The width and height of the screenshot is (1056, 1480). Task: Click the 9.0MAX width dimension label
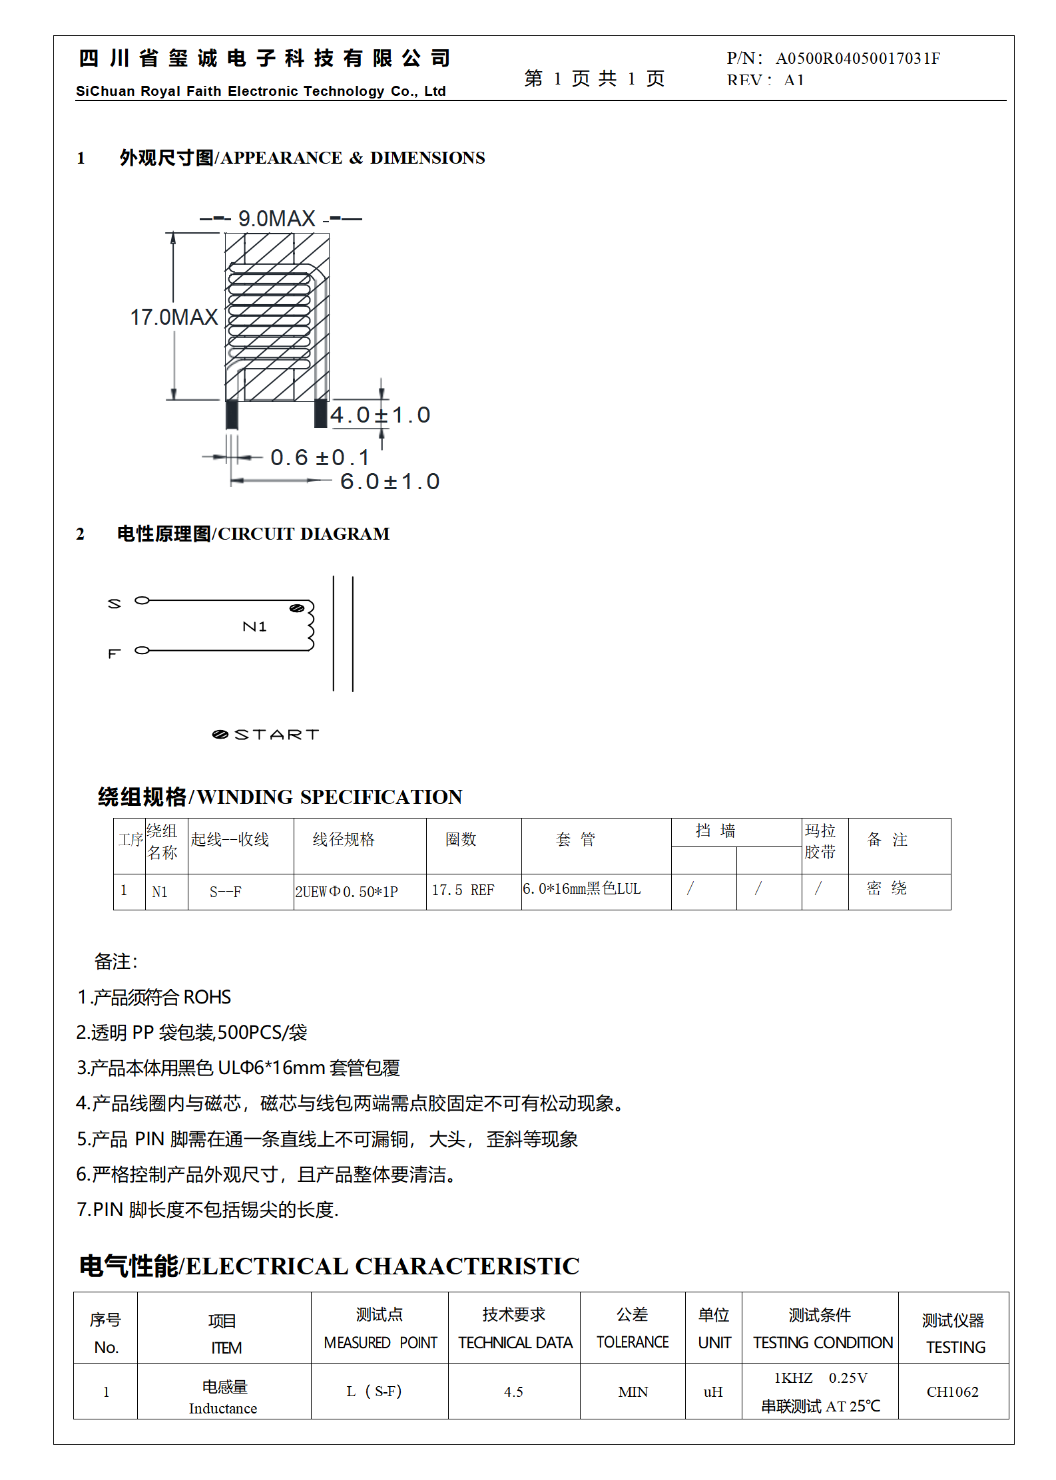pos(276,218)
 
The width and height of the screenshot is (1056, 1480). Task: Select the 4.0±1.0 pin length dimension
pos(380,415)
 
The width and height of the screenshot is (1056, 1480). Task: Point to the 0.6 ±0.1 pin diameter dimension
pos(320,457)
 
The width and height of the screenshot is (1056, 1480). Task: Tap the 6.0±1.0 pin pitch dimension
pos(390,481)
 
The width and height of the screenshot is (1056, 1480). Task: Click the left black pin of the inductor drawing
pos(232,414)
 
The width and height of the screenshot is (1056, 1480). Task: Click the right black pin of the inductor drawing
pos(321,413)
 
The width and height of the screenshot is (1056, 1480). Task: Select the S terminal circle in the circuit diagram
pos(142,600)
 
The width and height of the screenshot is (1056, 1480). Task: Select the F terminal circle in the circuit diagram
pos(142,650)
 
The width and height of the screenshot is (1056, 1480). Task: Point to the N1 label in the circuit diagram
pos(254,626)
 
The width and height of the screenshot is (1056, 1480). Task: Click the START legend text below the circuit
pos(276,735)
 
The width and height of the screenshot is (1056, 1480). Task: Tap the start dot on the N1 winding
pos(297,608)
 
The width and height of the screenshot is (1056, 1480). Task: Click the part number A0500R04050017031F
pos(858,59)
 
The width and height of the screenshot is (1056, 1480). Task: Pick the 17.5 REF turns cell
pos(463,890)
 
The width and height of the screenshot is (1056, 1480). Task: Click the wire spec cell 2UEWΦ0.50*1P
pos(346,892)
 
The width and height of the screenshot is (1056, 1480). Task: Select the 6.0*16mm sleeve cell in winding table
pos(581,889)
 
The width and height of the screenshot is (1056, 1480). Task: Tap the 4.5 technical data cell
pos(513,1392)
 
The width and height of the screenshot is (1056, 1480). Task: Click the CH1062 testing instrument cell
pos(952,1392)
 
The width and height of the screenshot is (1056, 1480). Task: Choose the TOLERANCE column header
pos(632,1342)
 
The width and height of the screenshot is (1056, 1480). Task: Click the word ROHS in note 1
pos(207,997)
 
